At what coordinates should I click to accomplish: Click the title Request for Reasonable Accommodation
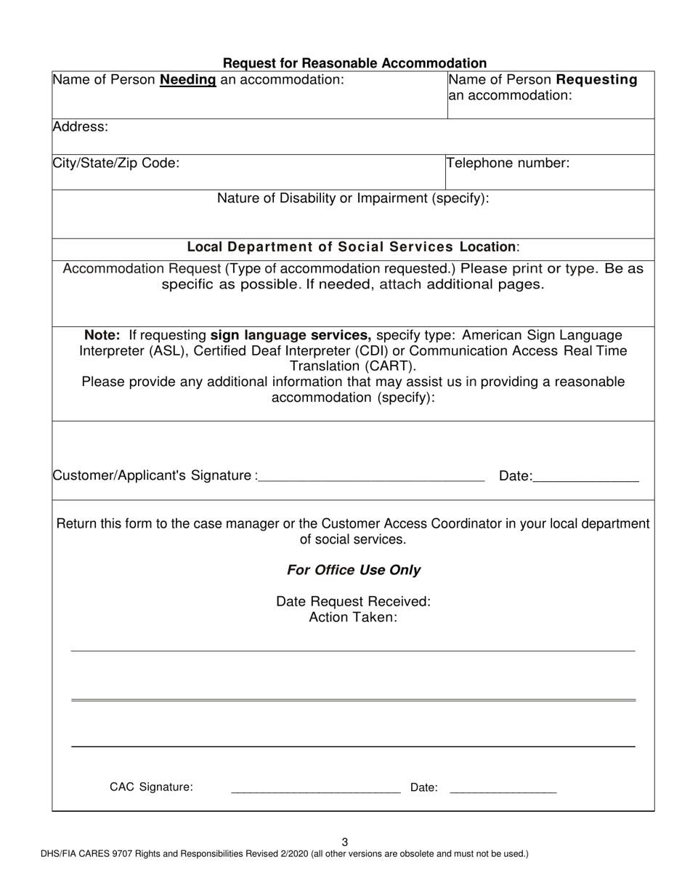point(354,63)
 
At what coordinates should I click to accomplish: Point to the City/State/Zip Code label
point(115,163)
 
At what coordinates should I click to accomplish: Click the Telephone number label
point(508,163)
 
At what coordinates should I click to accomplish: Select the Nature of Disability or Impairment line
point(353,198)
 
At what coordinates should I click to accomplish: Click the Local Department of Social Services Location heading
point(353,246)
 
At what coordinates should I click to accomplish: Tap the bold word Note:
point(103,336)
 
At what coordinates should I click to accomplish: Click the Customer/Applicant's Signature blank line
point(371,478)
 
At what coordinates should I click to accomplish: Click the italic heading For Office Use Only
point(354,570)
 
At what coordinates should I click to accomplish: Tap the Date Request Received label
point(354,601)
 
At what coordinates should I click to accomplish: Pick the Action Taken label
point(354,617)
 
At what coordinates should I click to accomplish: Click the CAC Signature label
point(151,786)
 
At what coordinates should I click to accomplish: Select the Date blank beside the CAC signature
point(503,789)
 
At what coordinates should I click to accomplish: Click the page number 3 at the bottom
point(345,842)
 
